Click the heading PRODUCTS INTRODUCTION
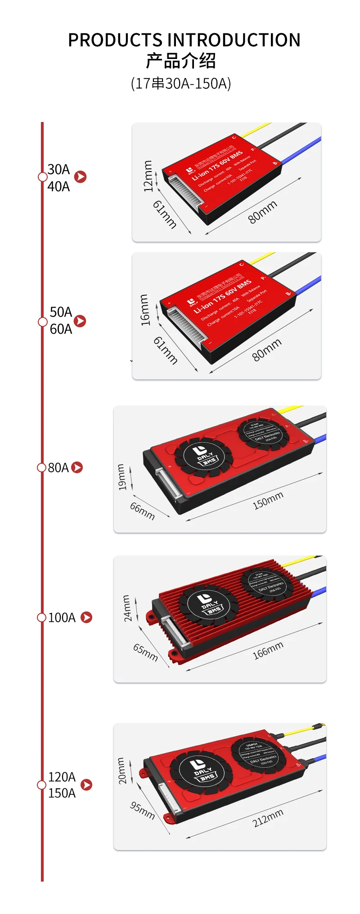point(184,40)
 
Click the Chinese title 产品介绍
point(181,61)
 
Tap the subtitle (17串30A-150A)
point(181,83)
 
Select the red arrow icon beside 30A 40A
point(81,177)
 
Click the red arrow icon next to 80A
point(77,467)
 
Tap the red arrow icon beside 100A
point(86,617)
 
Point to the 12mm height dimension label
point(148,176)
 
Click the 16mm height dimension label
point(144,310)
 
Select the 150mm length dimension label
point(268,501)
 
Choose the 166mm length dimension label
point(268,651)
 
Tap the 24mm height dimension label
point(127,608)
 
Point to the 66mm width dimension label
point(143,511)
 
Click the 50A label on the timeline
point(61,312)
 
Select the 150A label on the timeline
point(62,793)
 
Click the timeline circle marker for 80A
point(42,467)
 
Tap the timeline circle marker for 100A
point(42,617)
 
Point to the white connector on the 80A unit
point(166,484)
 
